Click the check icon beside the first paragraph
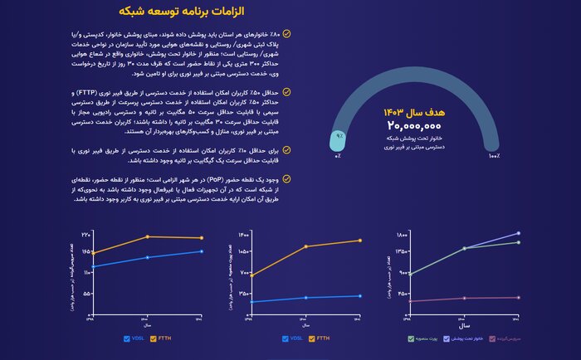(286, 34)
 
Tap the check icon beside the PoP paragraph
(286, 178)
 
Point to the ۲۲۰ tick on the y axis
(85, 236)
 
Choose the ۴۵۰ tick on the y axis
(403, 293)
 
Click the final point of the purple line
(519, 234)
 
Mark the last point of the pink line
(519, 297)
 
